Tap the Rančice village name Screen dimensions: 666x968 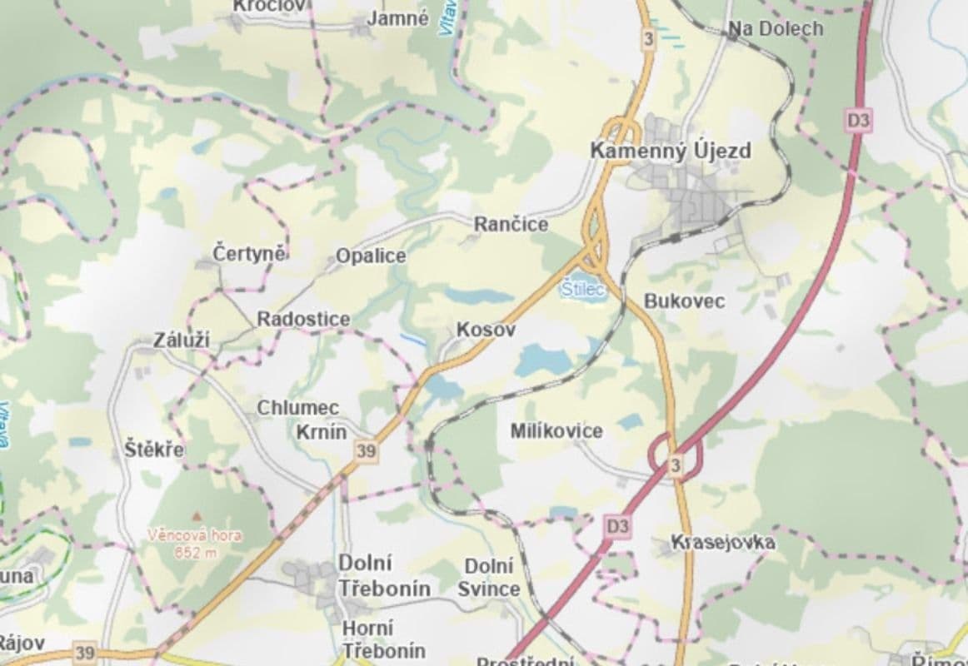pos(511,225)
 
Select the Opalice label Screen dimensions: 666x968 pos(371,256)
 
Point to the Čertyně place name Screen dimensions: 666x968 pos(250,253)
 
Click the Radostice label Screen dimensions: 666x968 pos(303,319)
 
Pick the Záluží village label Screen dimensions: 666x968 pos(182,340)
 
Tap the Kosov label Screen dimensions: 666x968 pos(486,331)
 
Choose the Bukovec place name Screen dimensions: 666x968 pos(685,301)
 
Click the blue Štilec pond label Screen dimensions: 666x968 pos(581,290)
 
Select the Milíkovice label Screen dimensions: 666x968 pos(556,430)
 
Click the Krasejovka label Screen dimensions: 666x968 pos(723,543)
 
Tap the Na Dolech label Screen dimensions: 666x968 pos(776,29)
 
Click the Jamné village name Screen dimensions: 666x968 pos(397,18)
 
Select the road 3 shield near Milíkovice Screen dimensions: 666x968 pos(675,464)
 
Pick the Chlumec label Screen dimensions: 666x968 pos(297,408)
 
